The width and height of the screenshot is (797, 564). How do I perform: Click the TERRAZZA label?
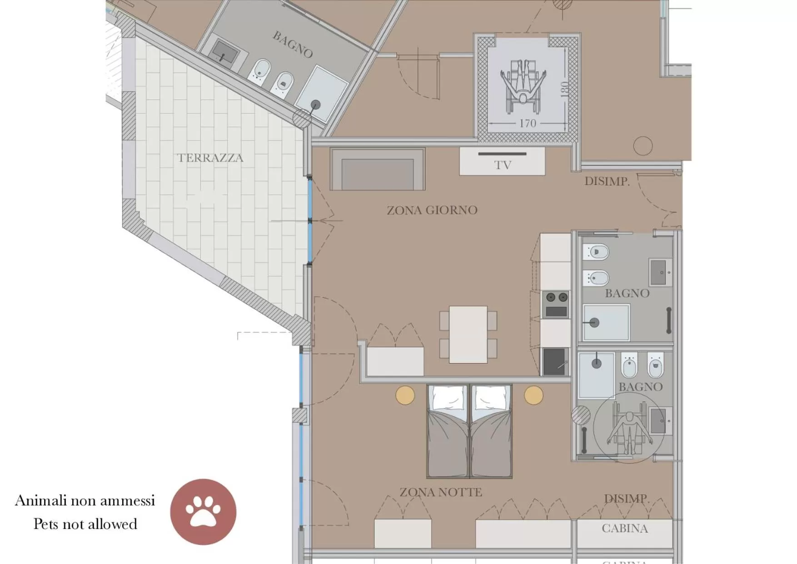click(210, 158)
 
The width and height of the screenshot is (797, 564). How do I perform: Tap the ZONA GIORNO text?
click(432, 210)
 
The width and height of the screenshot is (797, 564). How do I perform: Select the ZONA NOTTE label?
click(441, 492)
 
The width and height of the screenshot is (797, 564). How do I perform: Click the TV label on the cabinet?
click(503, 165)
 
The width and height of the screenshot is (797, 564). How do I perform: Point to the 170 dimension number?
click(528, 123)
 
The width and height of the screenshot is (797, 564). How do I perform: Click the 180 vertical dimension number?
click(564, 89)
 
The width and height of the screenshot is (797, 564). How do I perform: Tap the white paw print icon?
click(203, 512)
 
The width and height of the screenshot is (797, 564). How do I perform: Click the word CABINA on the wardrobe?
click(625, 529)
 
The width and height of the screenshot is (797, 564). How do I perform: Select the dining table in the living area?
click(468, 334)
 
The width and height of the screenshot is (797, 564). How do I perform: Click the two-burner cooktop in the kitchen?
click(557, 298)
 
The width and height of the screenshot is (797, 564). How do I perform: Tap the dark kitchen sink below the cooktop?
click(555, 362)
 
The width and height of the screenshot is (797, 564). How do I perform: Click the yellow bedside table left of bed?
click(405, 395)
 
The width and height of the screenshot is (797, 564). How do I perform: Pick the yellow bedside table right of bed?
click(533, 395)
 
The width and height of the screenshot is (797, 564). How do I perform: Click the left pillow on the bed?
click(448, 399)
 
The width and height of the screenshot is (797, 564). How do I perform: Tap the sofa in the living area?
click(378, 170)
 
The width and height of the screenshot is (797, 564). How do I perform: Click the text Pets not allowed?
click(85, 524)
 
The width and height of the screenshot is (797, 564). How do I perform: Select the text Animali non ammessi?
click(85, 500)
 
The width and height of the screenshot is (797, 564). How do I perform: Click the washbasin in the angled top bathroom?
click(226, 51)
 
